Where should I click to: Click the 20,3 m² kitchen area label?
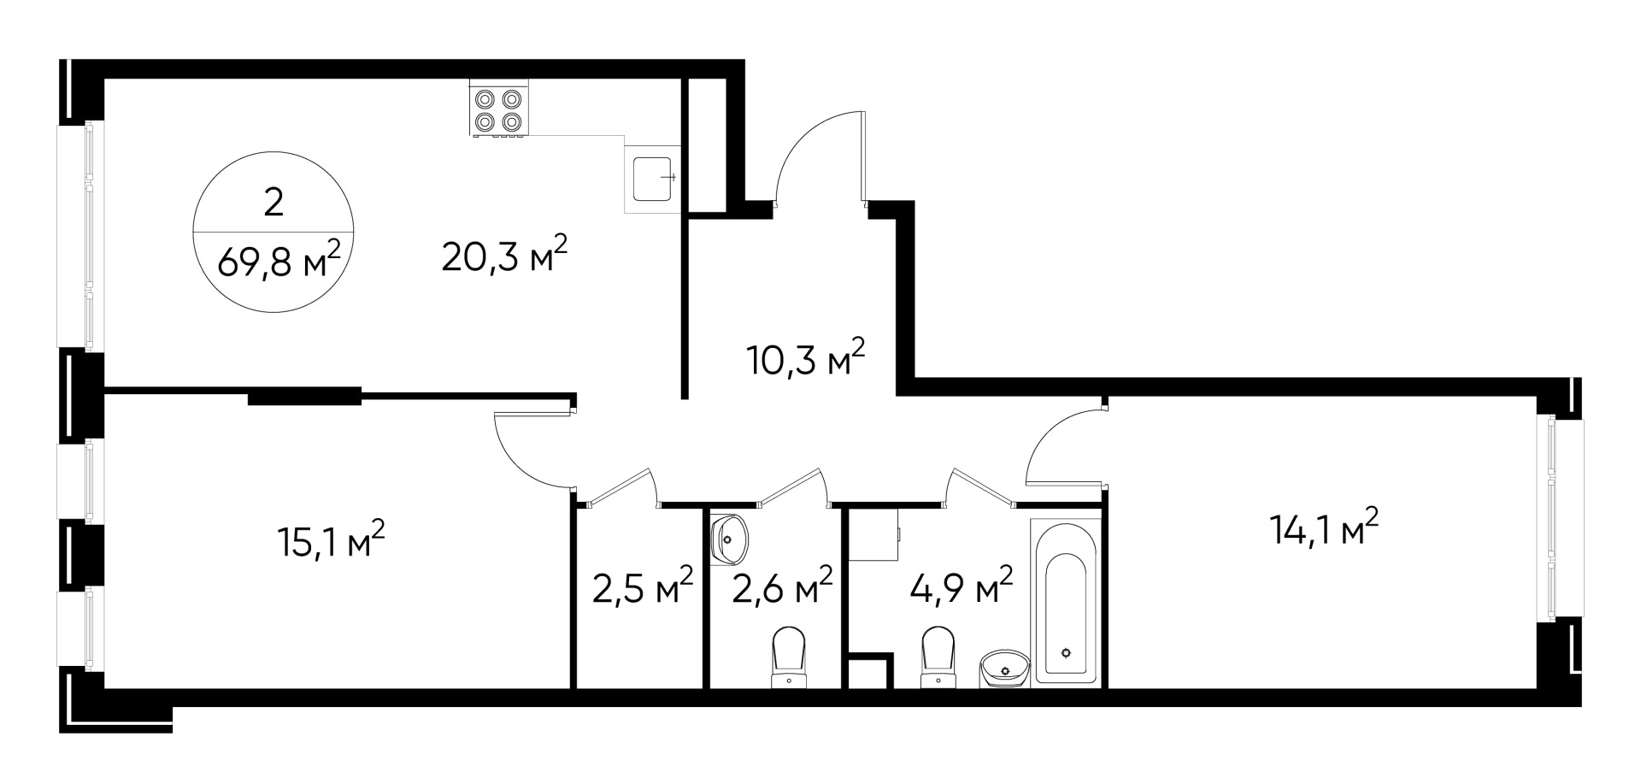pyautogui.click(x=504, y=256)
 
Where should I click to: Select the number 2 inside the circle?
pyautogui.click(x=273, y=203)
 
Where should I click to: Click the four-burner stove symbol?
pyautogui.click(x=498, y=109)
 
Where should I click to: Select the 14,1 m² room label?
pyautogui.click(x=1324, y=530)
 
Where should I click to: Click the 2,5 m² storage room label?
pyautogui.click(x=642, y=588)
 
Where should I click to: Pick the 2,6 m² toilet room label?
pyautogui.click(x=782, y=586)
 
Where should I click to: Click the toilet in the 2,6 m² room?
pyautogui.click(x=789, y=658)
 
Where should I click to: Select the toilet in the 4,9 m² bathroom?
pyautogui.click(x=938, y=657)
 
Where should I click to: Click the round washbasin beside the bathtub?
pyautogui.click(x=1006, y=668)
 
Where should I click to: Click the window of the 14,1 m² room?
pyautogui.click(x=1548, y=516)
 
